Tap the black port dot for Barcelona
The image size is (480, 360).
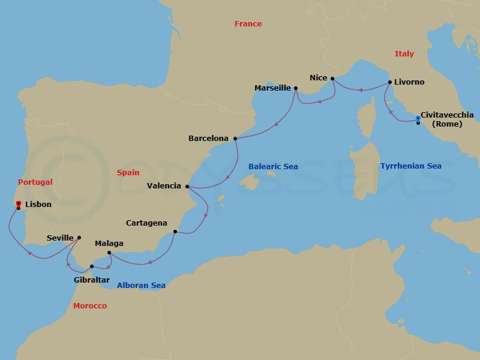(x=235, y=139)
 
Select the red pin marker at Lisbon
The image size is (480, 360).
(x=19, y=203)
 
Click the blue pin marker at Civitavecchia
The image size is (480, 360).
(x=418, y=118)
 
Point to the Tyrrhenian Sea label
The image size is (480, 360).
(x=410, y=166)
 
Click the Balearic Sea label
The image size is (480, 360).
(x=274, y=166)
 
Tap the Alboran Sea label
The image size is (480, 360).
(x=141, y=286)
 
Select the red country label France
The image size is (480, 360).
(x=248, y=24)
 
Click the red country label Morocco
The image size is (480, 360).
(x=90, y=306)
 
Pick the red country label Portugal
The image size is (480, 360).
(x=35, y=182)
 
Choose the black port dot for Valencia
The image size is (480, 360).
(x=188, y=186)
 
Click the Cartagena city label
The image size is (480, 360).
(x=146, y=223)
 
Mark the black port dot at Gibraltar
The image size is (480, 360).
(x=91, y=266)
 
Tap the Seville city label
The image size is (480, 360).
(x=60, y=238)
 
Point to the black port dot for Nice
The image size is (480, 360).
(x=332, y=78)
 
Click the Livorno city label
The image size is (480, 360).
(x=409, y=82)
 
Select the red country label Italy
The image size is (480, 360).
(x=404, y=54)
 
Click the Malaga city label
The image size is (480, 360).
(x=109, y=244)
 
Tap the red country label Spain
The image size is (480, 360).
(x=128, y=172)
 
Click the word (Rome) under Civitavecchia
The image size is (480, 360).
(x=442, y=124)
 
